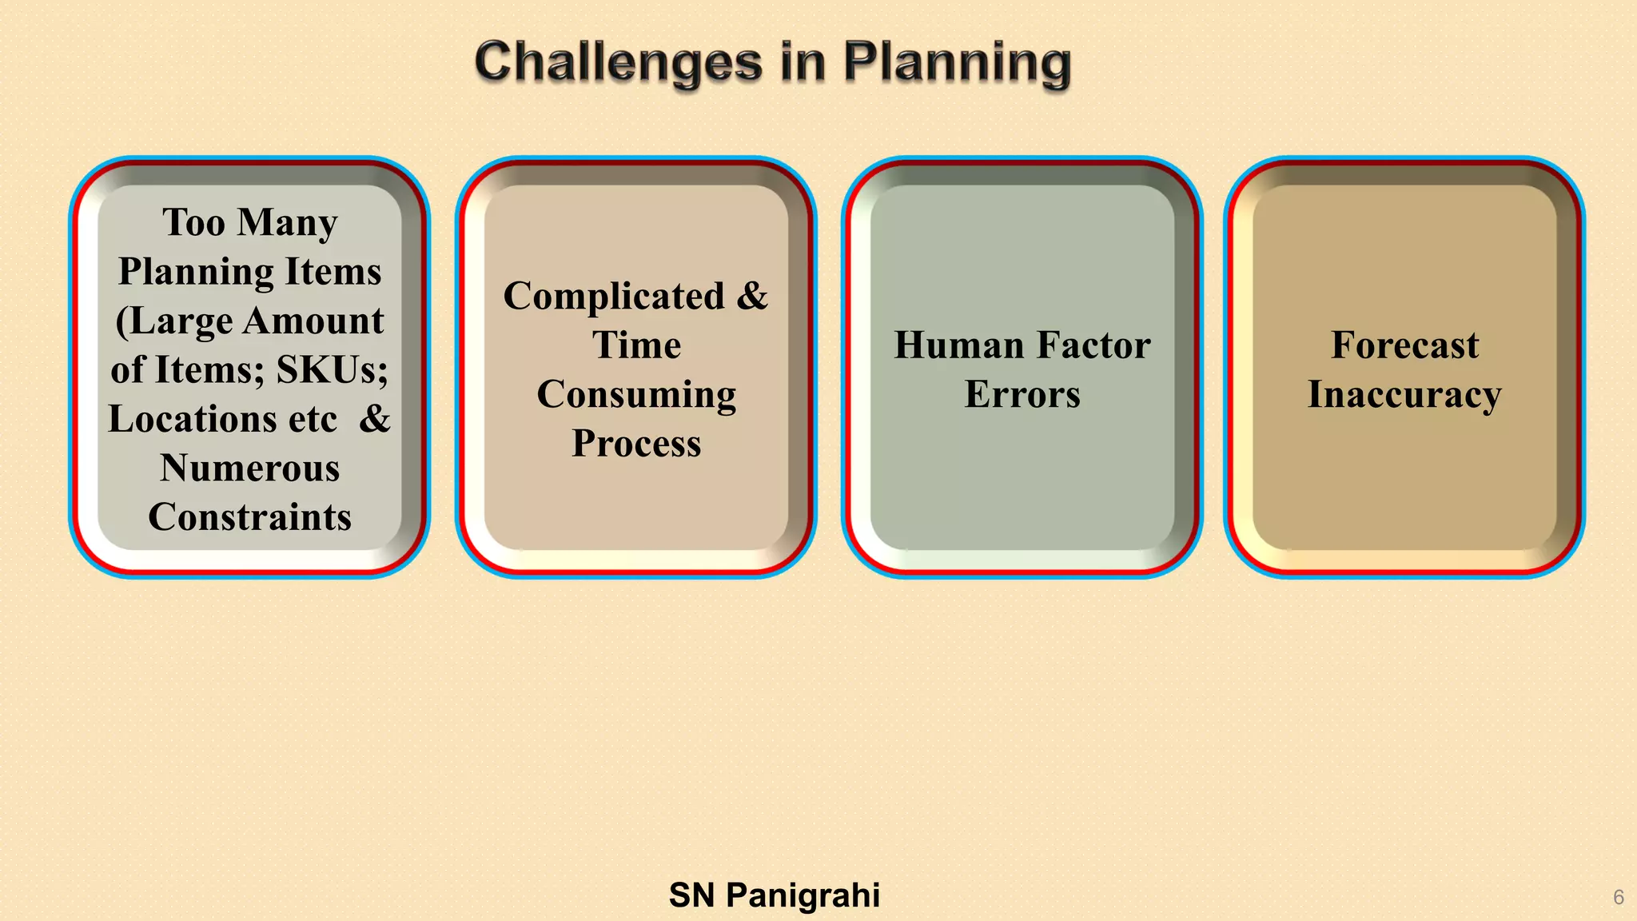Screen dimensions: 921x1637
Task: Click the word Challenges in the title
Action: click(619, 62)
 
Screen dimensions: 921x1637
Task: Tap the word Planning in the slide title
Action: click(957, 62)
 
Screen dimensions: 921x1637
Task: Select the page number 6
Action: click(1618, 897)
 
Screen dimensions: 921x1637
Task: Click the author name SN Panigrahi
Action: click(774, 895)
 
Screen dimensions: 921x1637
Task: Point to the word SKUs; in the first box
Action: click(333, 369)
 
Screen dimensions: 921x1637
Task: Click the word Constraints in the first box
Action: click(249, 516)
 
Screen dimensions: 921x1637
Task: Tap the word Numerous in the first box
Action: click(249, 468)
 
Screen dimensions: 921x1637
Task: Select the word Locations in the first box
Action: click(192, 419)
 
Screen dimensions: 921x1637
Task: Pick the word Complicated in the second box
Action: click(614, 296)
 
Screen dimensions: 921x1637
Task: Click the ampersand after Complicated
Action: click(752, 296)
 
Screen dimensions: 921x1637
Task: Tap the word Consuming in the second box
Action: click(636, 394)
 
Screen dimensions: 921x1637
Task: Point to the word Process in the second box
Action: click(636, 443)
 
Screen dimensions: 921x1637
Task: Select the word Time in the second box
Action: click(636, 345)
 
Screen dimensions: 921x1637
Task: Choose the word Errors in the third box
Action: click(1022, 394)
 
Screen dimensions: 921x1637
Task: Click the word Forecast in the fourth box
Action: click(1404, 345)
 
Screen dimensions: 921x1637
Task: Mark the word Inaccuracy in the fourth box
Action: click(1404, 394)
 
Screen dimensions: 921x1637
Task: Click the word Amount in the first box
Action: click(313, 321)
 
